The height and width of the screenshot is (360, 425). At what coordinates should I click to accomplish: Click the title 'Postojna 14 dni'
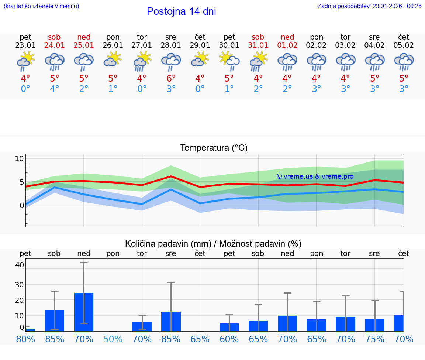pyautogui.click(x=181, y=11)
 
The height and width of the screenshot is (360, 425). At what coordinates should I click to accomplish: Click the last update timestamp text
pyautogui.click(x=369, y=6)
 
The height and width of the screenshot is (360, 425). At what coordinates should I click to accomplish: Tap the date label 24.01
pyautogui.click(x=54, y=45)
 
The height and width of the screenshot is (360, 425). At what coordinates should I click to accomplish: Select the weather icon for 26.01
pyautogui.click(x=113, y=60)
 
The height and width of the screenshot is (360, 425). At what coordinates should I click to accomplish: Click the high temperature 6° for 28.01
pyautogui.click(x=171, y=79)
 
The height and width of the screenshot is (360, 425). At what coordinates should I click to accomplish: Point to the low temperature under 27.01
pyautogui.click(x=142, y=89)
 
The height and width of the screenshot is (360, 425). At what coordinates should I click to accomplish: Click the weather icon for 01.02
pyautogui.click(x=287, y=61)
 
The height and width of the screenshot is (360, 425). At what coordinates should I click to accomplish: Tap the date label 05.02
pyautogui.click(x=404, y=45)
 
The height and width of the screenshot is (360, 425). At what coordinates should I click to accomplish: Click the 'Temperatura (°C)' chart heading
pyautogui.click(x=214, y=148)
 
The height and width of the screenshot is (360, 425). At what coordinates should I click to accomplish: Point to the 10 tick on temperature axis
pyautogui.click(x=19, y=159)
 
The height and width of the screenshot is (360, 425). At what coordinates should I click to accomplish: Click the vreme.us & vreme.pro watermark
pyautogui.click(x=315, y=176)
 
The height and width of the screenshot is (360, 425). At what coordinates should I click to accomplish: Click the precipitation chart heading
pyautogui.click(x=213, y=244)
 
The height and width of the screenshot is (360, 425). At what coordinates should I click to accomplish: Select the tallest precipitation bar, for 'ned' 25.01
pyautogui.click(x=84, y=312)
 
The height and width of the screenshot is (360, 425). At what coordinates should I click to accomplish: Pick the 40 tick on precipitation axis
pyautogui.click(x=20, y=265)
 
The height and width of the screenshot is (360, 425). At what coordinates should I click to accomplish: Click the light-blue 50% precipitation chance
pyautogui.click(x=113, y=339)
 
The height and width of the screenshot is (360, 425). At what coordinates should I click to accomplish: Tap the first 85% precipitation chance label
pyautogui.click(x=55, y=339)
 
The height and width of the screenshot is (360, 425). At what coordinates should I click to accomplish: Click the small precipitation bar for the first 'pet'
pyautogui.click(x=30, y=330)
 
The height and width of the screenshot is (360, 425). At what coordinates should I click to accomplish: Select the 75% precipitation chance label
pyautogui.click(x=374, y=339)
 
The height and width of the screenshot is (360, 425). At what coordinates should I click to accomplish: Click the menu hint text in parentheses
pyautogui.click(x=41, y=6)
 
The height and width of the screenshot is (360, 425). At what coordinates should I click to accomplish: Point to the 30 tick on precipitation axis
pyautogui.click(x=20, y=285)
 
